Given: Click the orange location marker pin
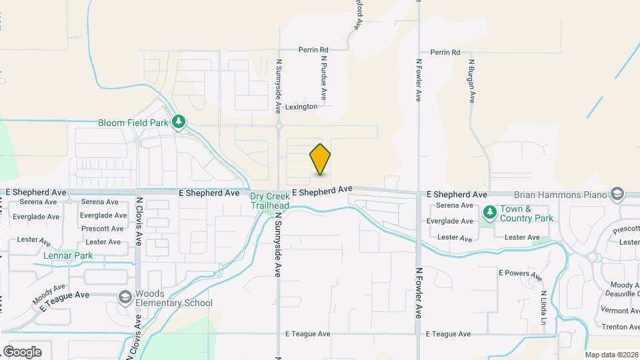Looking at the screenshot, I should [320, 159].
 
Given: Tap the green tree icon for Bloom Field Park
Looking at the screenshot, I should [178, 122].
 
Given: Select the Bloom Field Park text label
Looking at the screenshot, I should [133, 123].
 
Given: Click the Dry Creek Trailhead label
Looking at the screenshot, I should [269, 201].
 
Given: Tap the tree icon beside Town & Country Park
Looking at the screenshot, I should [490, 212].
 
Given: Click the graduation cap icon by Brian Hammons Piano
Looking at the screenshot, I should [617, 193].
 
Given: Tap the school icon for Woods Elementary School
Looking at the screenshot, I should [125, 297].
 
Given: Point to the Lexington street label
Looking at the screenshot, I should [301, 107].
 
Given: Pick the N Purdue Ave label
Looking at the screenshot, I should [323, 78].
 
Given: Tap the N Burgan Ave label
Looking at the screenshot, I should [471, 81].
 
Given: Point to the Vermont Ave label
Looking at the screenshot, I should [620, 311].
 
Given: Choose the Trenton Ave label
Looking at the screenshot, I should [620, 327].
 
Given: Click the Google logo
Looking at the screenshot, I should [22, 351].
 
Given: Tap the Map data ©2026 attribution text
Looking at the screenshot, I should [611, 355].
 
